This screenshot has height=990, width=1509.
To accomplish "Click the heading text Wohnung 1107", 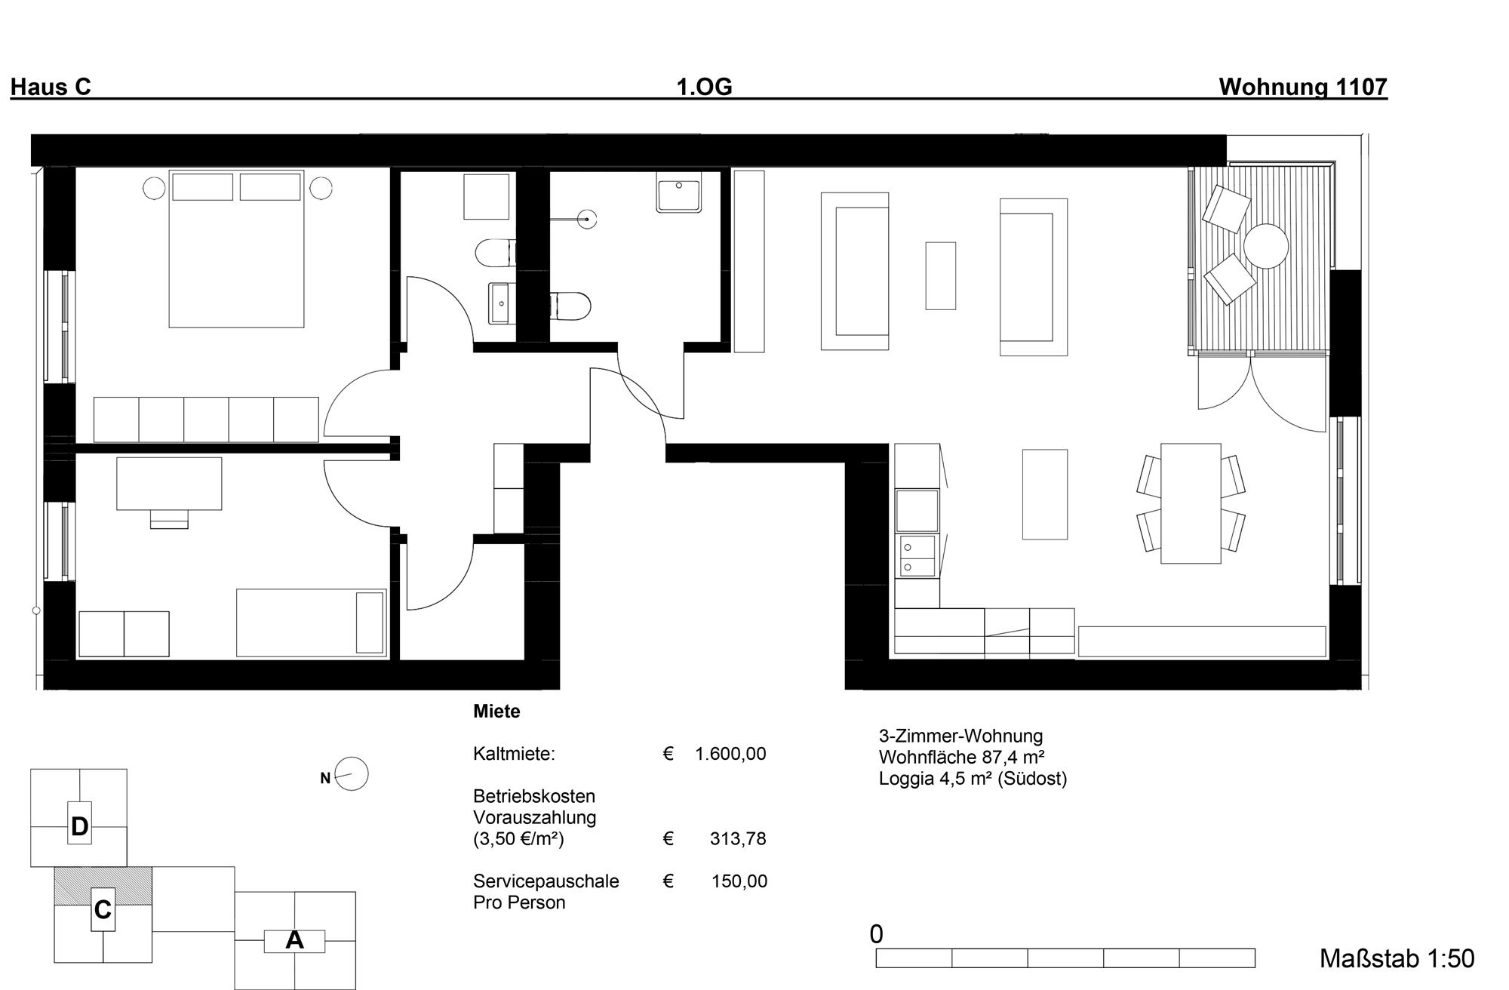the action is (x=1303, y=88).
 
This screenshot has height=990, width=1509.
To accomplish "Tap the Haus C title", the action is (x=51, y=88).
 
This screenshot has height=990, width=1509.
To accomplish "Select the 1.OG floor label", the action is (x=704, y=88).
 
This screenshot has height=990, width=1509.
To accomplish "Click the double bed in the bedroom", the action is (x=236, y=249).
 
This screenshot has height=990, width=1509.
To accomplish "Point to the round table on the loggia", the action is (x=1265, y=246).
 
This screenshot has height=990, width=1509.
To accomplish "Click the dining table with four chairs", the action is (x=1191, y=503).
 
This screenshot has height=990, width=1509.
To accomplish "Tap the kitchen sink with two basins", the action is (x=917, y=556).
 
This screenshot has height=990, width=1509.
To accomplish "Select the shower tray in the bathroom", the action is (x=679, y=192).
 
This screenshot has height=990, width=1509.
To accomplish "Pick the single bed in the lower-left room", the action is (x=312, y=623).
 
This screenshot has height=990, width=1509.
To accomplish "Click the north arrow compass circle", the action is (x=351, y=774).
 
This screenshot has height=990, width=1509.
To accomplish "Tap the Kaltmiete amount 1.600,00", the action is (x=730, y=754).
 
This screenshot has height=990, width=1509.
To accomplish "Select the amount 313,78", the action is (x=738, y=838).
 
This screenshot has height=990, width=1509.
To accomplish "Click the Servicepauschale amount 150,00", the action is (x=739, y=881).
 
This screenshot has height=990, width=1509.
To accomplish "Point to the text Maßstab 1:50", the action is (x=1397, y=958).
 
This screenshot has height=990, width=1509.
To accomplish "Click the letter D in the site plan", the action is (x=79, y=827).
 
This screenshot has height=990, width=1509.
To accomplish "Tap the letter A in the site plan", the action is (x=294, y=940).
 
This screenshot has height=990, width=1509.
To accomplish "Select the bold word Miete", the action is (x=496, y=712).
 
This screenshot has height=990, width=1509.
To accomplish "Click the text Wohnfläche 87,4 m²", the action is (x=961, y=757).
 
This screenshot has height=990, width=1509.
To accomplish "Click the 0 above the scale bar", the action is (x=876, y=934).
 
